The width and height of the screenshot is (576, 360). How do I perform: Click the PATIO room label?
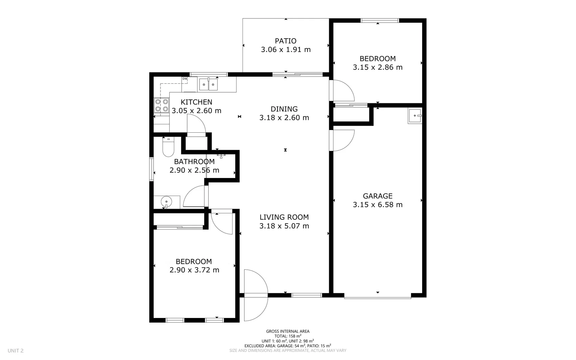coord(286,41)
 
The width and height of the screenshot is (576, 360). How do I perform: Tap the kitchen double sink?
coord(208,85)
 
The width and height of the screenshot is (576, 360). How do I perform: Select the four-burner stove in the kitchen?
coord(161,105)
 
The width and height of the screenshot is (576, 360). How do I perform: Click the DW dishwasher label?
coord(185,79)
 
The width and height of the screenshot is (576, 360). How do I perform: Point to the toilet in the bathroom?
coord(168,148)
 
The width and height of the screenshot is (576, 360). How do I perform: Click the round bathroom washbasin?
coord(166,202)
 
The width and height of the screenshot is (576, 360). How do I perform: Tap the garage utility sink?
coord(415,116)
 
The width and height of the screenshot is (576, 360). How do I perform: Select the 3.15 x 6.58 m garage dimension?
coord(377,205)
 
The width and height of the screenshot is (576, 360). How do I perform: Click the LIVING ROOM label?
coord(284,217)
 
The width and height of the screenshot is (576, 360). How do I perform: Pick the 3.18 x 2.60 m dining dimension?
coord(284,118)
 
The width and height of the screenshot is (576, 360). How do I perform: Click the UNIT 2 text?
coord(16,351)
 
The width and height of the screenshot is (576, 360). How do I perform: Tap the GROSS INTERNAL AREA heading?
coord(288,331)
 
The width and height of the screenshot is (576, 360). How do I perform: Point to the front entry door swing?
coord(255,295)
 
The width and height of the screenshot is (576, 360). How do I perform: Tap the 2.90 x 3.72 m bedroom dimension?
coord(194,270)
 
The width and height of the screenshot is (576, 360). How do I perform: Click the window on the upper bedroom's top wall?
coord(380,21)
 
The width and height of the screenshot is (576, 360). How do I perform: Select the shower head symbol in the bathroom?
coord(221,156)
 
